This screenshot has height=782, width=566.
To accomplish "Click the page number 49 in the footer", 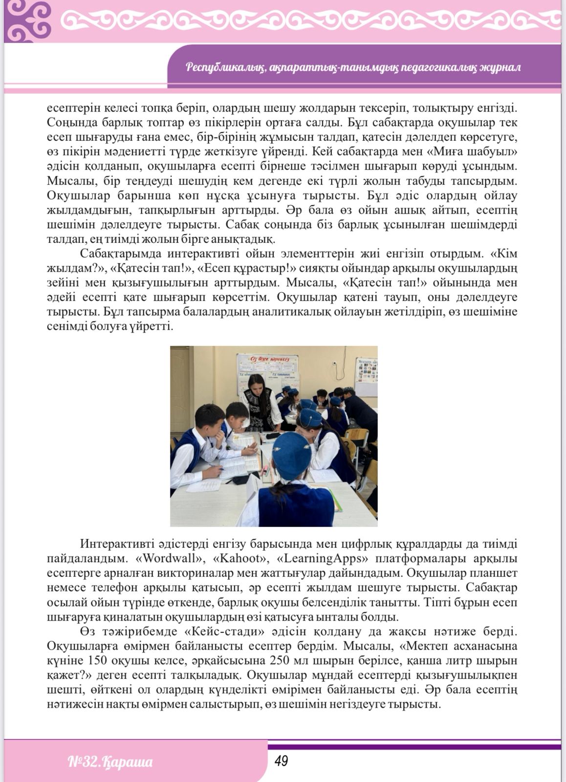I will point(281,761).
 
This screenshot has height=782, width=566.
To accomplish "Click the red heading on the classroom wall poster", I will point(267,359).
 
